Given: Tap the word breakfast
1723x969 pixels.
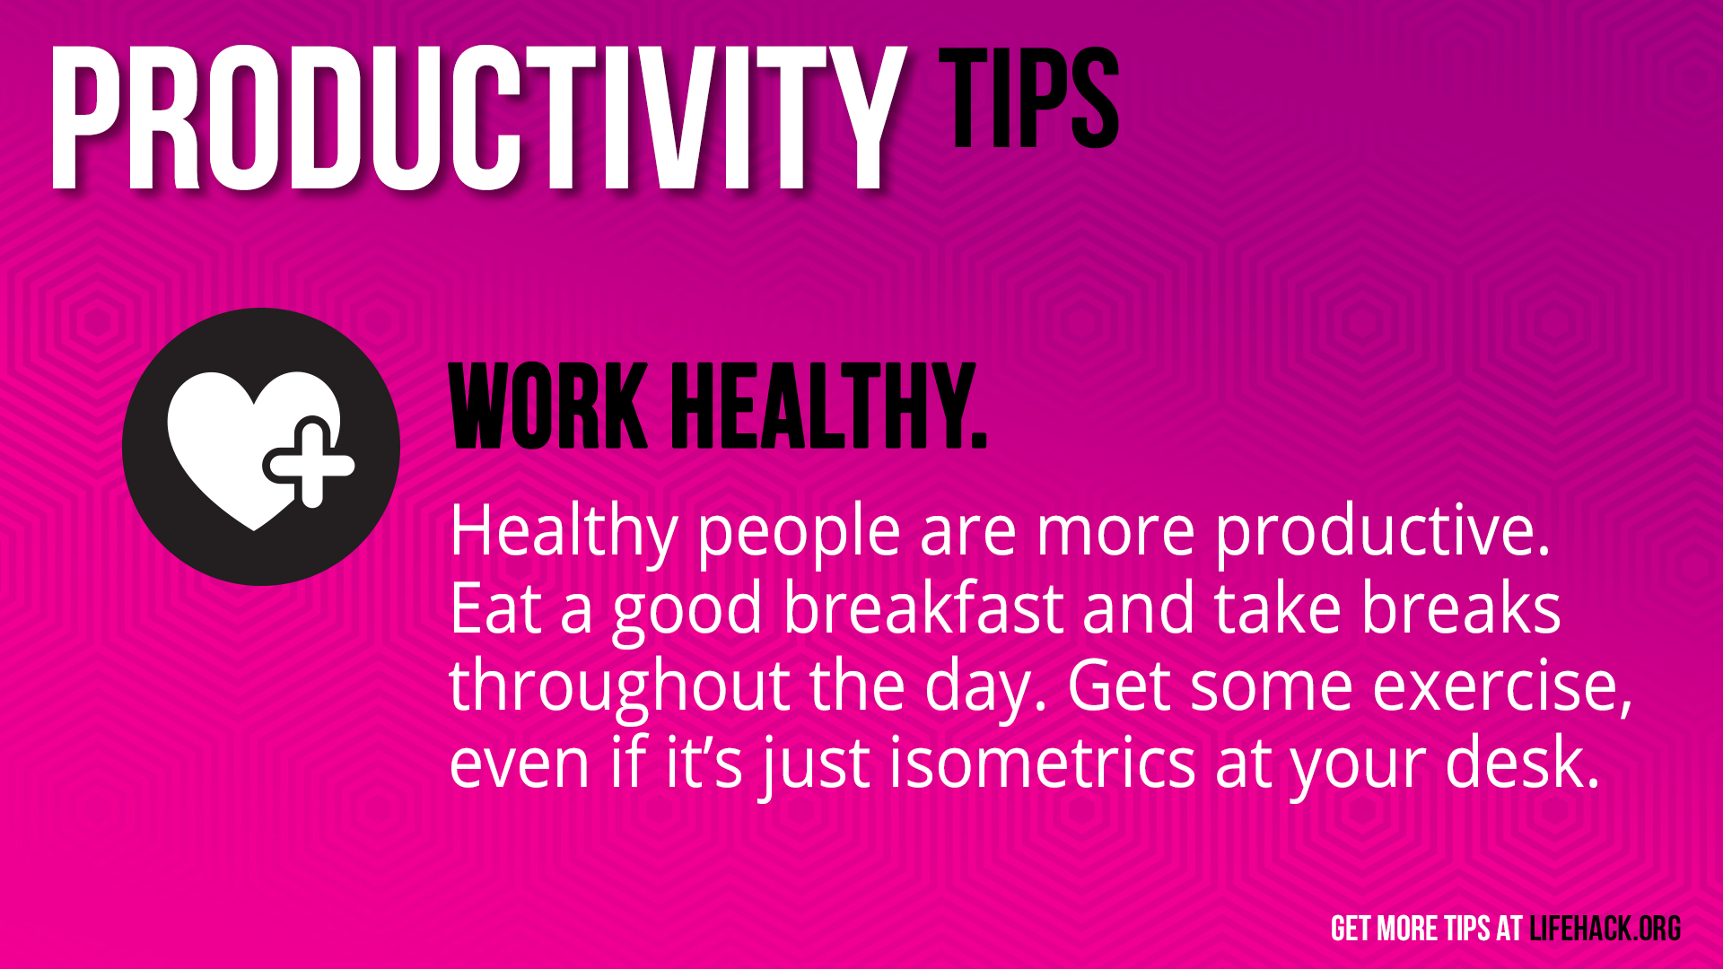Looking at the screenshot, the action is (x=924, y=608).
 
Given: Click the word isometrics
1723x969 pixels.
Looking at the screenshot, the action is (x=1043, y=763).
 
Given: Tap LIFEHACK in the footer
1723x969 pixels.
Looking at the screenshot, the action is (x=1580, y=929).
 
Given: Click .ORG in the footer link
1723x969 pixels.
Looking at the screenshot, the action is (x=1657, y=929).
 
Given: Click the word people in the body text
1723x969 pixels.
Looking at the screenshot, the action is (x=799, y=535).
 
